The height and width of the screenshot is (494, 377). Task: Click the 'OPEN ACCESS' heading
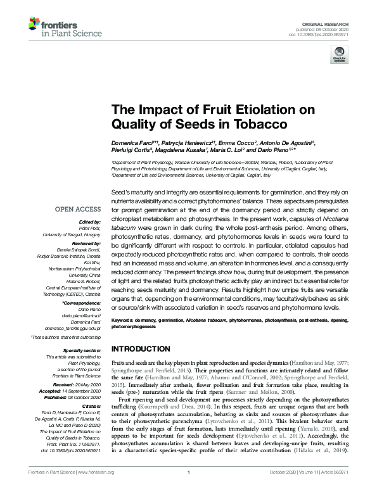point(78,207)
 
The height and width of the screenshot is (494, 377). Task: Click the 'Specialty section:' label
point(83,350)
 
